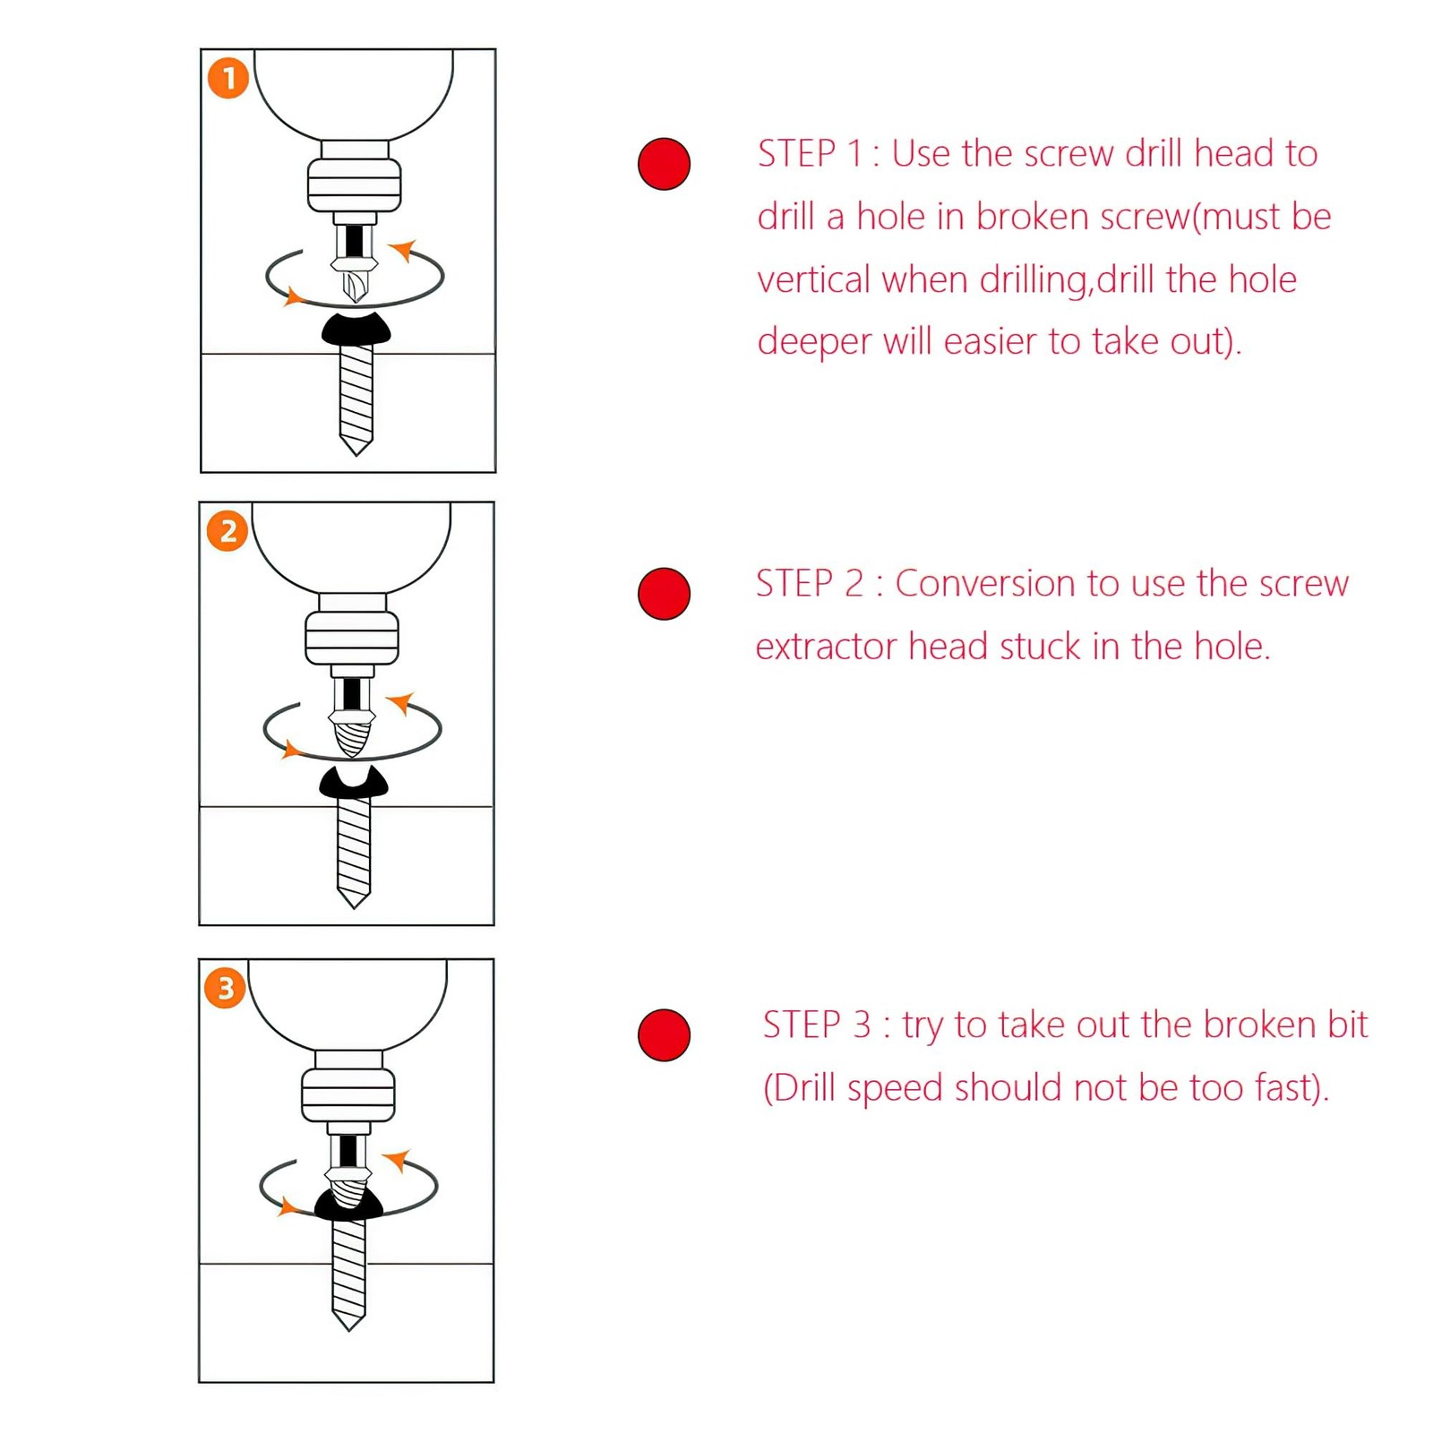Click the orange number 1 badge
[228, 78]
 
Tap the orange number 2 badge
[227, 531]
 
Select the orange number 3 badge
[226, 988]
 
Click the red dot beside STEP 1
[664, 164]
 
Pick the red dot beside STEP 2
[664, 594]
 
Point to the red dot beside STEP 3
[664, 1035]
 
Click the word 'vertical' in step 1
[813, 279]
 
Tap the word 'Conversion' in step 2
[985, 584]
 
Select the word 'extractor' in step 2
[826, 647]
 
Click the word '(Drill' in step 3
[800, 1088]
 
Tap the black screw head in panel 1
[356, 329]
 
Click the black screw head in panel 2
[354, 782]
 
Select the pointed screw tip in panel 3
[348, 1322]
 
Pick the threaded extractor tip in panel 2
[352, 740]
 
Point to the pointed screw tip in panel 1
[356, 446]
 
